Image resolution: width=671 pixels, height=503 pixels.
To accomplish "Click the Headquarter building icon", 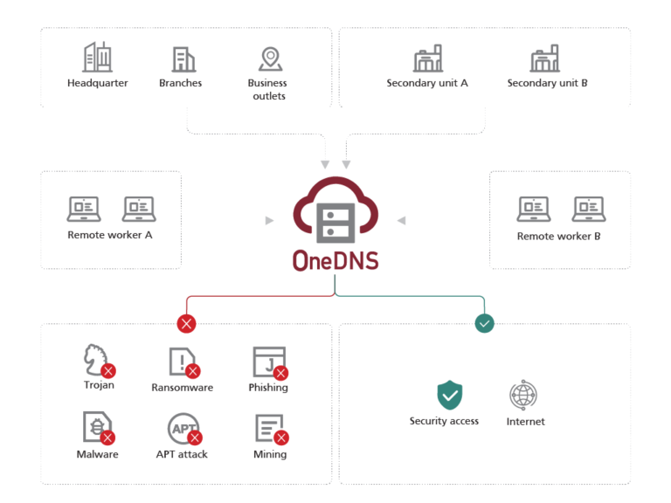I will click(x=97, y=58).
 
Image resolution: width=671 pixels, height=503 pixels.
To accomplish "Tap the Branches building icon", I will click(x=183, y=59).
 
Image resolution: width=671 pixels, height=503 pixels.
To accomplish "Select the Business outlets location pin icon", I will click(x=270, y=59).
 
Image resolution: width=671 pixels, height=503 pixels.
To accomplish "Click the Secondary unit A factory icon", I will click(x=427, y=59).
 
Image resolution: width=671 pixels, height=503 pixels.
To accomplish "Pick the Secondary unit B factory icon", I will click(x=545, y=59).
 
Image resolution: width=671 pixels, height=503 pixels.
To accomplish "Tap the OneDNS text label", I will click(x=335, y=261).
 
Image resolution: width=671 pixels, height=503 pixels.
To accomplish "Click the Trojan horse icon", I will click(x=96, y=359).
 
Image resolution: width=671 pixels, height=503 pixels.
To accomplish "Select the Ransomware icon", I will click(x=182, y=361).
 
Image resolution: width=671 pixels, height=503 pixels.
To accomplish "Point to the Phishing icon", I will click(x=268, y=361).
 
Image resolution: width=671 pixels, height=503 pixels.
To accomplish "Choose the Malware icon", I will click(x=96, y=428).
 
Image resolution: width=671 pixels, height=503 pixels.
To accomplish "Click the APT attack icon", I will click(x=183, y=428).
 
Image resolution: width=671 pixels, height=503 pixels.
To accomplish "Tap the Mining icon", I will click(x=268, y=428).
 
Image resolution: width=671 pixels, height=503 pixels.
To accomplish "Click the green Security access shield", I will click(x=449, y=395).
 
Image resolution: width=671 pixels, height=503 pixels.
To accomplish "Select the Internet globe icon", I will click(x=523, y=395).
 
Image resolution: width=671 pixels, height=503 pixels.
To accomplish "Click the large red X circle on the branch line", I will click(x=186, y=323).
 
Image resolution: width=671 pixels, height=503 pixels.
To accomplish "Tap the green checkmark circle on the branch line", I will click(x=484, y=323).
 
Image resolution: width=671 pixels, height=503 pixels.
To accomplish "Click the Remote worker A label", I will click(x=110, y=236).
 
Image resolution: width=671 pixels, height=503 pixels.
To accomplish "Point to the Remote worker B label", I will click(x=559, y=236).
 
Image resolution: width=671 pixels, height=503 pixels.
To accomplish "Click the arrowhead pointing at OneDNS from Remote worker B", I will click(x=401, y=221).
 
